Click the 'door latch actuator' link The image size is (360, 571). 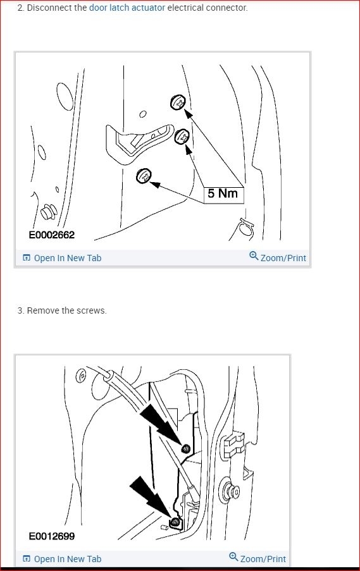127,8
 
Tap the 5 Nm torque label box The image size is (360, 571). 223,193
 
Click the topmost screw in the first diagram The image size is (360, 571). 179,102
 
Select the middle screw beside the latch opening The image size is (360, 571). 182,136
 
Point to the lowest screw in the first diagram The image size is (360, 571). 144,176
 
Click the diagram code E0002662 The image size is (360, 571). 52,235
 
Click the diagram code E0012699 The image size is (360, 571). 52,536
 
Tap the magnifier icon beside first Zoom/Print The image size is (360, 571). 254,256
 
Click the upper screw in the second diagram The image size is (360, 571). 186,448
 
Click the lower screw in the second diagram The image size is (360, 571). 175,522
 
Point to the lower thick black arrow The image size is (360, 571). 151,498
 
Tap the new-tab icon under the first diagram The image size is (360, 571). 26,258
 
